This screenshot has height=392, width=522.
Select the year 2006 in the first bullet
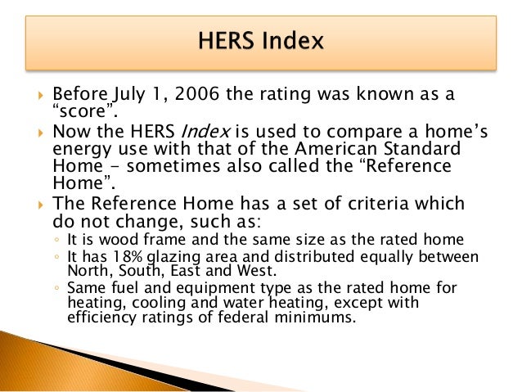pos(187,94)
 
